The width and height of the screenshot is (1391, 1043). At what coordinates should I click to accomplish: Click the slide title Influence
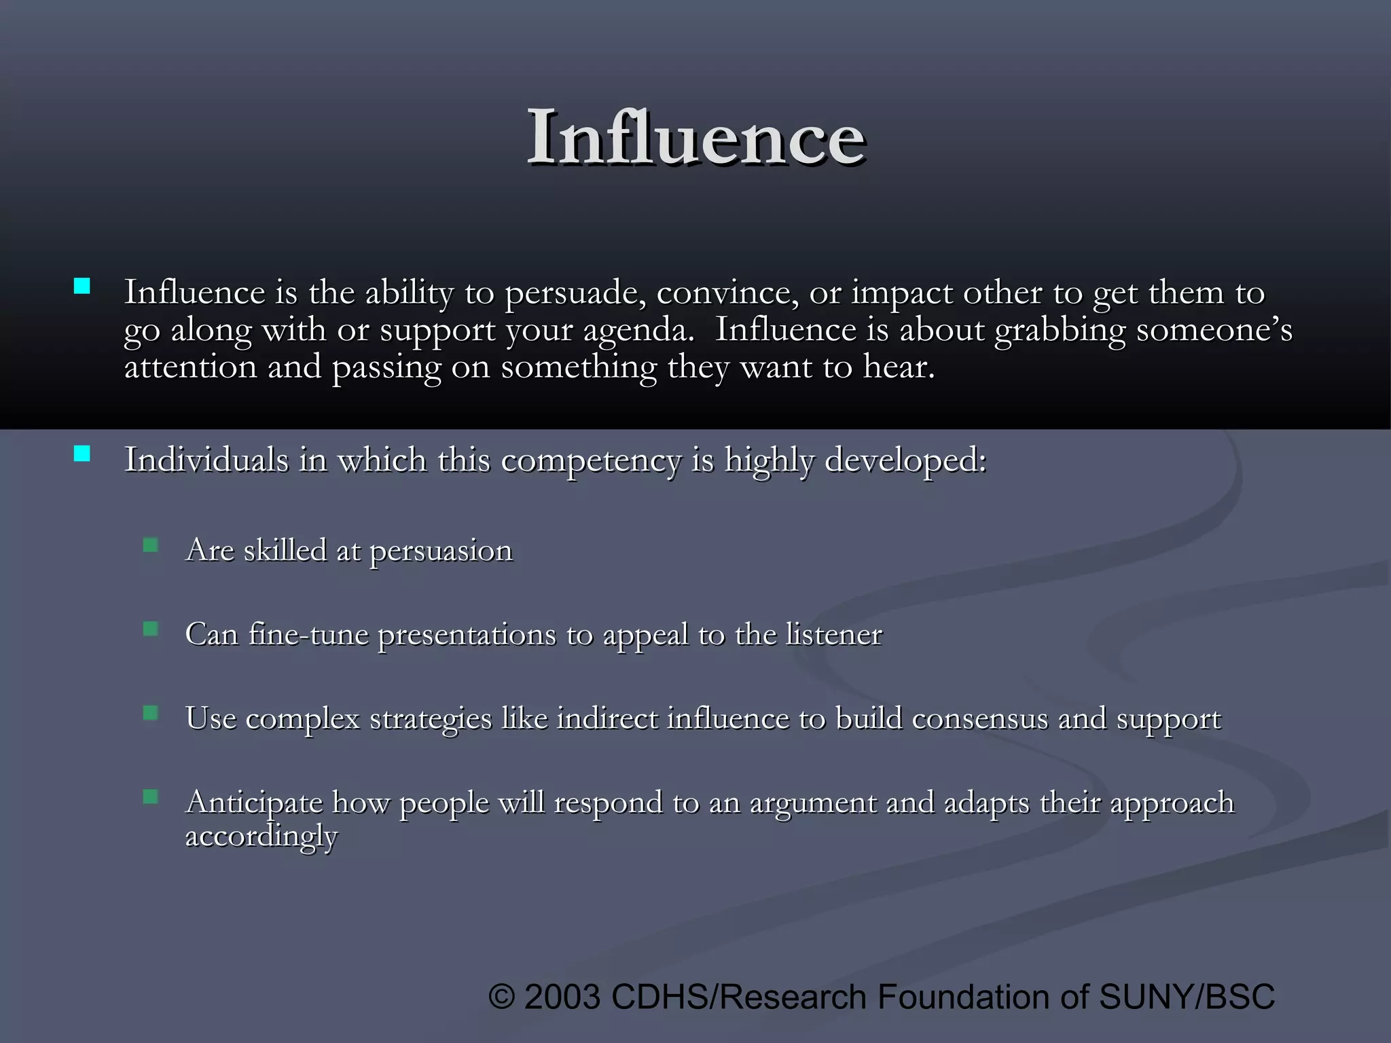pyautogui.click(x=695, y=138)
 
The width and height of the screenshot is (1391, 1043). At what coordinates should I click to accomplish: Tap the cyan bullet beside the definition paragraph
pyautogui.click(x=82, y=286)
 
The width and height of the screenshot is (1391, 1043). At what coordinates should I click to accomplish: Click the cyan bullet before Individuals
pyautogui.click(x=82, y=454)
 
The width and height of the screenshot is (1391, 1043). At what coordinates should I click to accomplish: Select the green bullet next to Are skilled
pyautogui.click(x=151, y=545)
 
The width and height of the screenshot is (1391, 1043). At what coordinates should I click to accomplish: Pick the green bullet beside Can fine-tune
pyautogui.click(x=151, y=629)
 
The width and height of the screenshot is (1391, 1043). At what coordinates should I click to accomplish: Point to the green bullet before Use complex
pyautogui.click(x=151, y=713)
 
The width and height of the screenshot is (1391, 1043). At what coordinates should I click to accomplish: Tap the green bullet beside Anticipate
pyautogui.click(x=151, y=797)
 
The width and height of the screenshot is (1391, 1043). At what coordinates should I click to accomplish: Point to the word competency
pyautogui.click(x=591, y=461)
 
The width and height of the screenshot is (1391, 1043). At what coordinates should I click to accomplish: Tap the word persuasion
pyautogui.click(x=441, y=551)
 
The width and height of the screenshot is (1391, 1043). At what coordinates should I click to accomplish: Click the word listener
pyautogui.click(x=834, y=634)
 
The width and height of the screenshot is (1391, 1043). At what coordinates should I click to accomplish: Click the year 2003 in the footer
pyautogui.click(x=562, y=997)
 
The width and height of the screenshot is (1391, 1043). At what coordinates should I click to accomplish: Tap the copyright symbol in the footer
pyautogui.click(x=502, y=997)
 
